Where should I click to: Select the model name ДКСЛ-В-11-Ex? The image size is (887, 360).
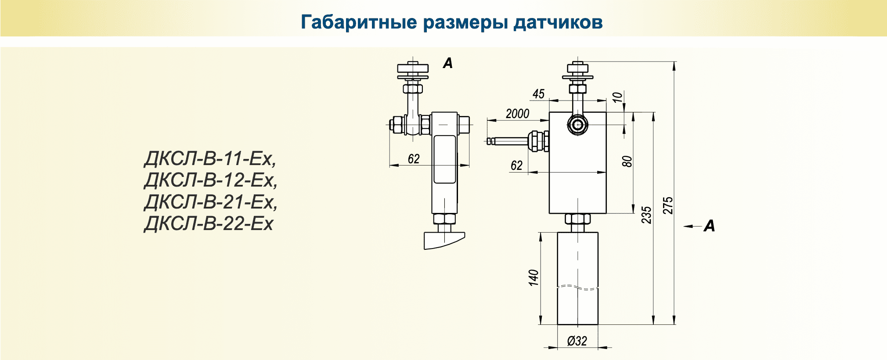click(x=210, y=158)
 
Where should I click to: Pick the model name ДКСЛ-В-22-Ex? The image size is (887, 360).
click(x=209, y=224)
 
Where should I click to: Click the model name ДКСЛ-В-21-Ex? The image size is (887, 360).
click(x=210, y=202)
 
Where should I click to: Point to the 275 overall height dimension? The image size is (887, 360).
click(x=668, y=205)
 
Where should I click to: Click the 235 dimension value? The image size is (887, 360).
click(x=646, y=215)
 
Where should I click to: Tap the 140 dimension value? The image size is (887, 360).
click(x=533, y=278)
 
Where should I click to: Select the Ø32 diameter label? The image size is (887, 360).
click(x=577, y=341)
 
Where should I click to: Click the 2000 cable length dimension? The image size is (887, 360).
click(x=517, y=114)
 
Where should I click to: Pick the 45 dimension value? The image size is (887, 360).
click(x=538, y=94)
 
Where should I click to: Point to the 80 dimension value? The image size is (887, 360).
click(x=627, y=161)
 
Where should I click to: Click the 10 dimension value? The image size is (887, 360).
click(x=617, y=97)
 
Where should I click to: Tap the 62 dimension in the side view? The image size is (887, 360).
click(x=414, y=159)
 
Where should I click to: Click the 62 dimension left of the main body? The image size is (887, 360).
click(x=516, y=166)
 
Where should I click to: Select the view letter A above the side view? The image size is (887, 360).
click(x=447, y=63)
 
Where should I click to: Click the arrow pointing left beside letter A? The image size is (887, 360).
click(x=692, y=226)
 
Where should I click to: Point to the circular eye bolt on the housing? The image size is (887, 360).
click(x=577, y=125)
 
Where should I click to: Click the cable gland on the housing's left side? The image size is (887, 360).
click(x=538, y=140)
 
